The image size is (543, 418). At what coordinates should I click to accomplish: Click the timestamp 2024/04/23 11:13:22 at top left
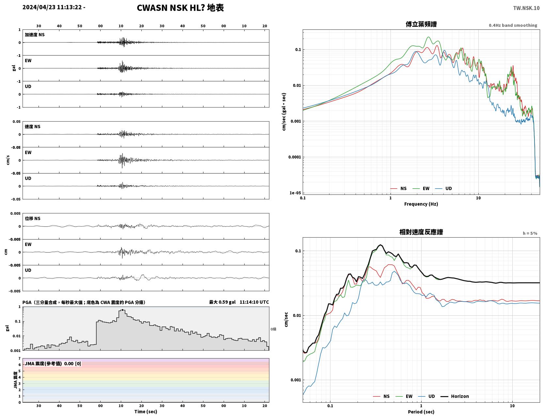tap(52, 7)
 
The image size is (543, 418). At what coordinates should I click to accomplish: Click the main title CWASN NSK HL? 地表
tap(180, 8)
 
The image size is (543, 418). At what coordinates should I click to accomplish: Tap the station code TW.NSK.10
tap(526, 8)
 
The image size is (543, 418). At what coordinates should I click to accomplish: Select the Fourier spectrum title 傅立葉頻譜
tap(421, 24)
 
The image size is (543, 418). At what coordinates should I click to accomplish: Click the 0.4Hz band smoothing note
tap(513, 25)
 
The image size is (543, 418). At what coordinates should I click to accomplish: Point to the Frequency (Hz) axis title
tap(421, 204)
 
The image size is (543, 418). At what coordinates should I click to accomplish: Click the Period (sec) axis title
tap(421, 411)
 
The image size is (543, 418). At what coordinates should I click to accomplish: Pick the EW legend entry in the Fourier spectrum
tap(421, 189)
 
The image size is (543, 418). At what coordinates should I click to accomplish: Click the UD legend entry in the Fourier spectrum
tap(443, 189)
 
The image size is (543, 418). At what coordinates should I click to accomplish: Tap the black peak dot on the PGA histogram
tap(122, 310)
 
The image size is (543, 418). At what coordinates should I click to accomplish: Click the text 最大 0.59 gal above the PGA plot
tap(222, 302)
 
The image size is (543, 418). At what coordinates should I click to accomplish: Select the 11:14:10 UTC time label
tap(254, 302)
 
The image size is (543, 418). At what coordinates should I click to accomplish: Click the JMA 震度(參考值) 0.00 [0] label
tap(53, 363)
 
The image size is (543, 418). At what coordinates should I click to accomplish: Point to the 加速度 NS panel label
tap(35, 35)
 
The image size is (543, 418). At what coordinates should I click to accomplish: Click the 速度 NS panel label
tap(32, 126)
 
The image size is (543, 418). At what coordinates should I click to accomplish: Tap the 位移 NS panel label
tap(32, 218)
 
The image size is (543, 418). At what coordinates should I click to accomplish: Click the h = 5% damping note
tap(530, 233)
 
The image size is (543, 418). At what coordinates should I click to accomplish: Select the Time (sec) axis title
tap(146, 411)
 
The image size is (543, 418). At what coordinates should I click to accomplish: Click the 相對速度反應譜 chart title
tap(421, 232)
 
